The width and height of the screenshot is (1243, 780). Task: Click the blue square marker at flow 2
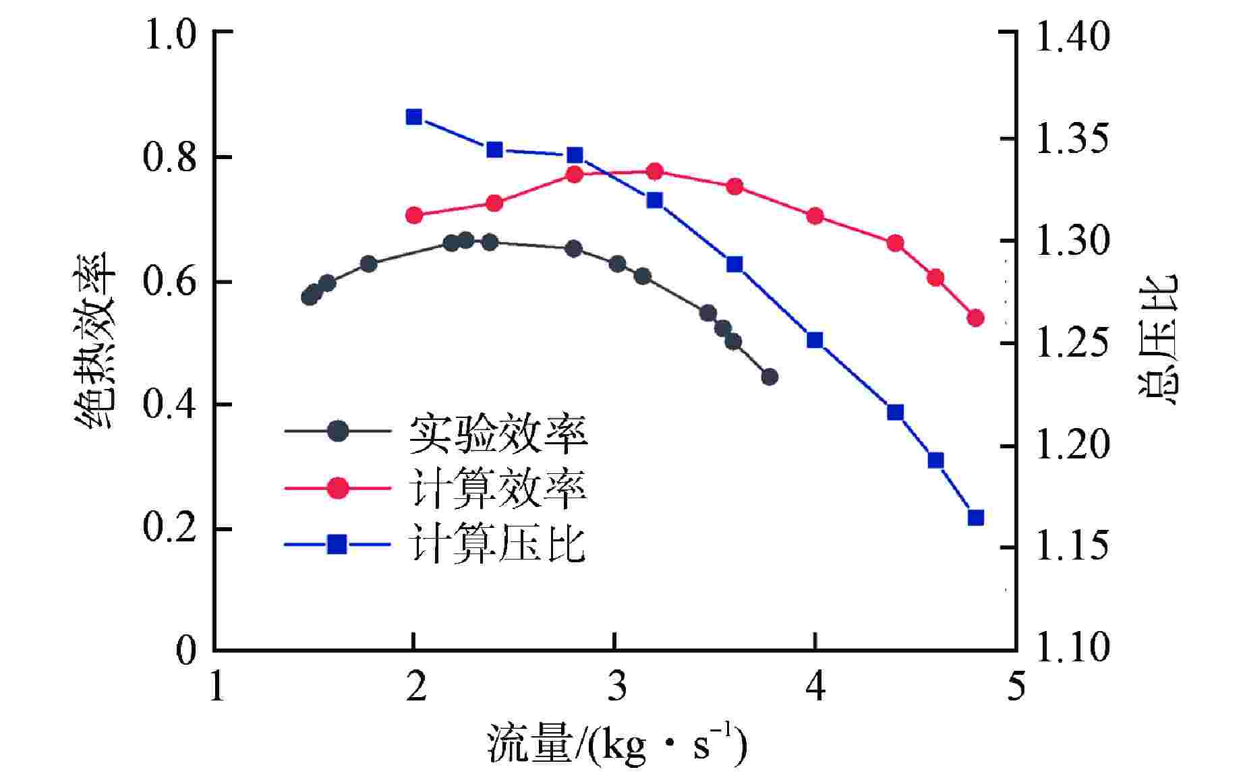pos(413,117)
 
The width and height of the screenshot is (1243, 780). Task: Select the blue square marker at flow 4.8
pos(975,518)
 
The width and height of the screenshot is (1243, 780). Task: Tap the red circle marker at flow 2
pos(413,216)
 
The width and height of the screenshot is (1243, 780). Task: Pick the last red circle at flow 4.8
pos(975,318)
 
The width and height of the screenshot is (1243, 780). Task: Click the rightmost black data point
pos(770,377)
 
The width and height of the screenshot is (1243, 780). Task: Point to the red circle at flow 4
pos(815,216)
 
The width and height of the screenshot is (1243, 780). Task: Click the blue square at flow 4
pos(815,340)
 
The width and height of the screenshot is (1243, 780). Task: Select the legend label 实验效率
pos(498,433)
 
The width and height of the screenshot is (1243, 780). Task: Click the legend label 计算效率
pos(498,488)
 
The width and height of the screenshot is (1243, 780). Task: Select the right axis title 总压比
pos(1159,340)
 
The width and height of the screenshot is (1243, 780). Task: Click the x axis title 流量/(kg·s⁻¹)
pos(616,745)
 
